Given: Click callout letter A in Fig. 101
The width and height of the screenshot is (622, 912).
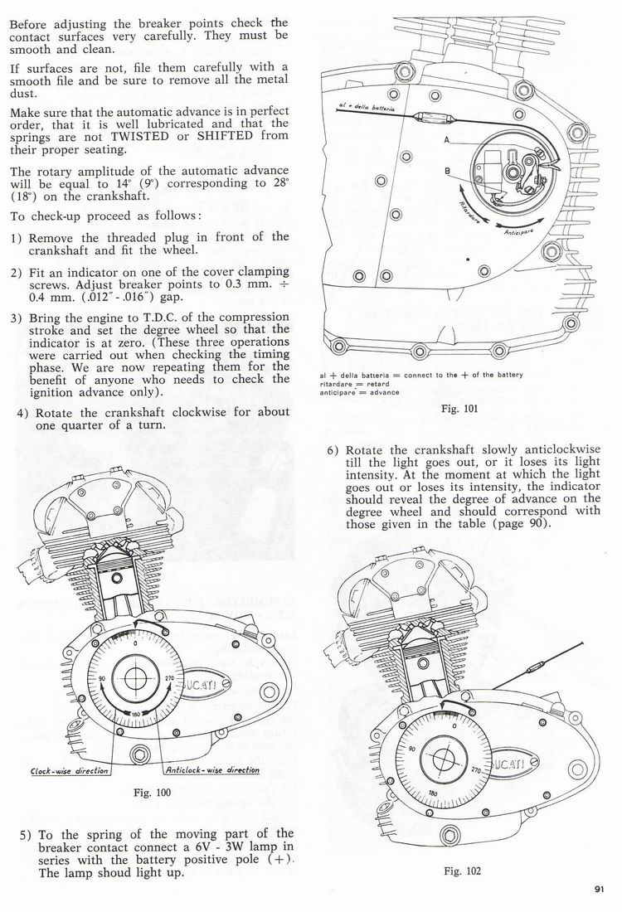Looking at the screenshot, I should coord(447,141).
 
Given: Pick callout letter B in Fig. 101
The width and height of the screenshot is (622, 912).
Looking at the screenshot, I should coord(447,172).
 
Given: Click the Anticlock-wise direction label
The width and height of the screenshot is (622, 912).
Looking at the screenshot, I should coord(212,770).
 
